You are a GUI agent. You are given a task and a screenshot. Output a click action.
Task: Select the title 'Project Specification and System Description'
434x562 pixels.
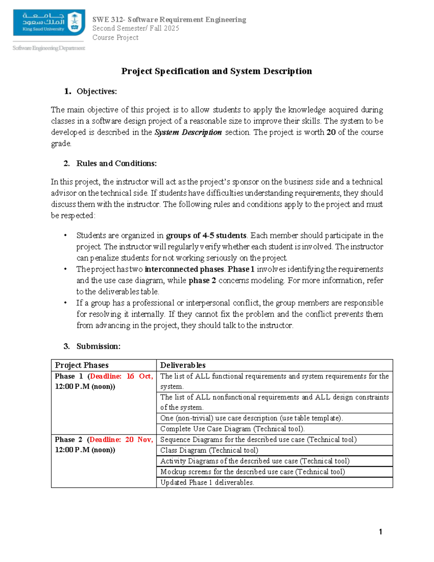click(216, 71)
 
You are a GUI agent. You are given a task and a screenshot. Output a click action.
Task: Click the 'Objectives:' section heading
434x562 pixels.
click(97, 92)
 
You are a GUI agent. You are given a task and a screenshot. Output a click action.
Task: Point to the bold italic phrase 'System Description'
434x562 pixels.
click(188, 132)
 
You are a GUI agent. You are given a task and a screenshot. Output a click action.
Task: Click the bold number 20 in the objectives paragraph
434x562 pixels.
click(331, 132)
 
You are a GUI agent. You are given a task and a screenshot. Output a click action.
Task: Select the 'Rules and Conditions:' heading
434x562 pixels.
click(116, 164)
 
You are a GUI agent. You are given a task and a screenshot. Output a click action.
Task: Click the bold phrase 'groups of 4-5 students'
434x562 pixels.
click(206, 236)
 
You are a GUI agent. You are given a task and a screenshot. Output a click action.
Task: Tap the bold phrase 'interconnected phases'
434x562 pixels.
click(184, 269)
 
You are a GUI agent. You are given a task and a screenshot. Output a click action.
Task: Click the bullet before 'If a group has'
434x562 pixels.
click(65, 303)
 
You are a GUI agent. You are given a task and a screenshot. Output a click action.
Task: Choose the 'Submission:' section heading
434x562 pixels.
click(98, 346)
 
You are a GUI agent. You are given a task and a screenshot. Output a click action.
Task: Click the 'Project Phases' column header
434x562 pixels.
click(82, 365)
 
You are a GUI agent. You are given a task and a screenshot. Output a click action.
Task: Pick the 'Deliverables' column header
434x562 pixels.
click(183, 365)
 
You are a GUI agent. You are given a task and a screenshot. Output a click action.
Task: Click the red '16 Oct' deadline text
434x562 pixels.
click(139, 376)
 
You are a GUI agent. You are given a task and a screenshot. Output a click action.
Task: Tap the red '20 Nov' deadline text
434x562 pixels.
click(139, 440)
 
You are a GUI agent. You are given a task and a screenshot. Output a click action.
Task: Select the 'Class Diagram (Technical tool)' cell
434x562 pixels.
click(209, 450)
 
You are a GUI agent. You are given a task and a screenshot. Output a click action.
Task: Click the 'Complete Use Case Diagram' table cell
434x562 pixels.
click(232, 429)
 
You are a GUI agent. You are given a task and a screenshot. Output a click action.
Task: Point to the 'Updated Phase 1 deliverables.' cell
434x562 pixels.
click(207, 482)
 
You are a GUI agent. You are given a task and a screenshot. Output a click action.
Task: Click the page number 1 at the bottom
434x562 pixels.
click(380, 532)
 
